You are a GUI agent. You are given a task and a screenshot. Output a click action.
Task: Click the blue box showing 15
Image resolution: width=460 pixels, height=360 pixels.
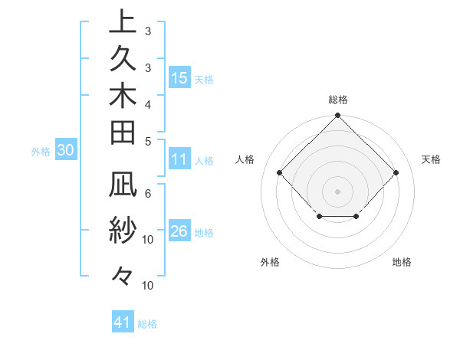[179, 78]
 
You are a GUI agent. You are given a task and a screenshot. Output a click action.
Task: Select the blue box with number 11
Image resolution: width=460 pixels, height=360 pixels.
[179, 160]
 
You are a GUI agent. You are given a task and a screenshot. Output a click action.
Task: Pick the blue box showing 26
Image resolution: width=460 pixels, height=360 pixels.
[179, 232]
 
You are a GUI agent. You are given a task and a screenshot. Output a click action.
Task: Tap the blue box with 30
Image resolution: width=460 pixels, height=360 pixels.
[66, 151]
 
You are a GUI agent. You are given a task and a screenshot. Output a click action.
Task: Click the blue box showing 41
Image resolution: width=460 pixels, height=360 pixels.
[123, 322]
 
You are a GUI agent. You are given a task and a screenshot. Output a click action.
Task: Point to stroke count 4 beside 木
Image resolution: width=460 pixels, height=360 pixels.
[147, 104]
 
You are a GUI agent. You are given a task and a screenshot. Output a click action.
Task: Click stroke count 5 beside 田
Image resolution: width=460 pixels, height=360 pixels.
[147, 142]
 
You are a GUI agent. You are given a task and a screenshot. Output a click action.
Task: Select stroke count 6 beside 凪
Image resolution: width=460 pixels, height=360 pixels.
[147, 195]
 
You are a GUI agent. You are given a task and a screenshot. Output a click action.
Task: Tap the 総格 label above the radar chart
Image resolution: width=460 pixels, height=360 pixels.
[337, 100]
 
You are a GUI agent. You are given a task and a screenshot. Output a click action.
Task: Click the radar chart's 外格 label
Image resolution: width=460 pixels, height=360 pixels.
[270, 262]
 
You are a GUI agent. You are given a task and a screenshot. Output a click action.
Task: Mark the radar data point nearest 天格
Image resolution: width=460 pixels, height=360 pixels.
[396, 173]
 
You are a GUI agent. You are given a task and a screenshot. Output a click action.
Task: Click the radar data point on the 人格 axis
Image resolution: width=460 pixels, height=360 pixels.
[279, 173]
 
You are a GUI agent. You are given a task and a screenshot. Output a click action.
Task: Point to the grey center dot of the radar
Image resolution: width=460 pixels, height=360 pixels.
[337, 191]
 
